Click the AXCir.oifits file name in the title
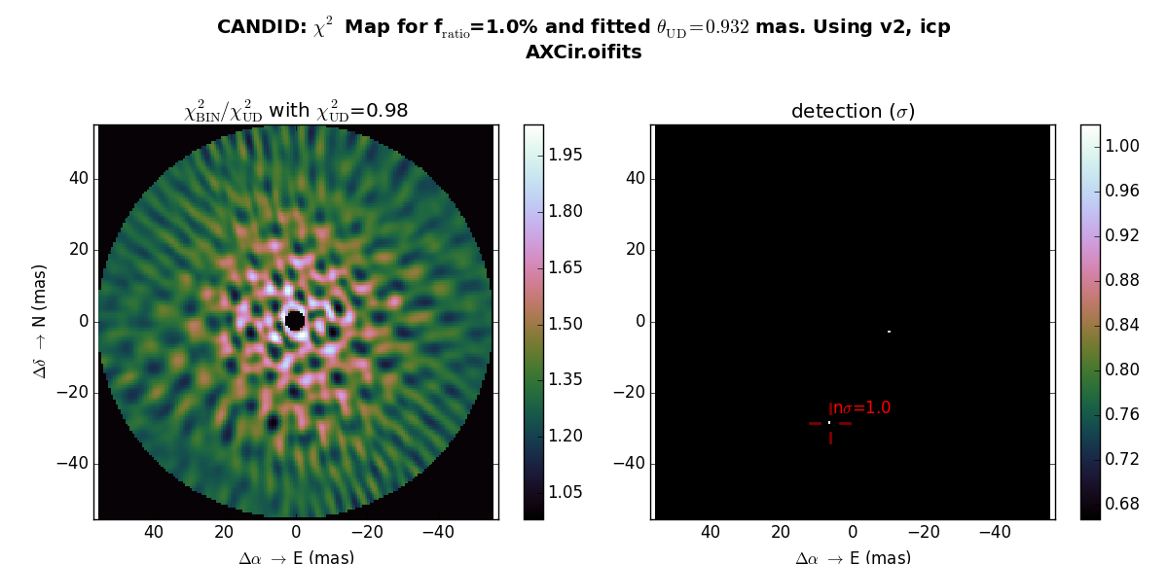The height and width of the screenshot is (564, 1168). point(583,53)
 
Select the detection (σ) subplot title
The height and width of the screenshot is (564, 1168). point(853,112)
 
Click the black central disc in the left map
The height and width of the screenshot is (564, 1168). point(295,320)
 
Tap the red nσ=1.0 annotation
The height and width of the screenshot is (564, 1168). point(859,408)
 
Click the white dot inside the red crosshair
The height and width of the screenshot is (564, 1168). point(829,422)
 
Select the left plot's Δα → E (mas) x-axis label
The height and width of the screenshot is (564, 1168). point(296,557)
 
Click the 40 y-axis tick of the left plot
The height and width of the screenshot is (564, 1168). point(78,178)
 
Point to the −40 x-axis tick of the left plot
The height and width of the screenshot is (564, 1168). point(438,532)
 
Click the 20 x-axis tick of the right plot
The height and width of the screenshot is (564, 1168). point(781,532)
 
